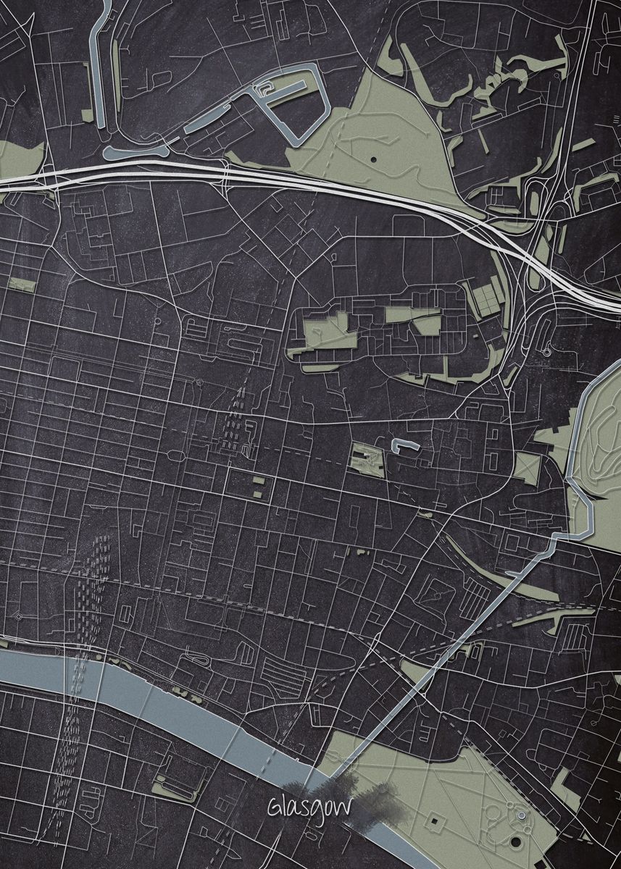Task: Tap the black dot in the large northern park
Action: (x=373, y=158)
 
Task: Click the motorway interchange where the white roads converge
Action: (x=533, y=261)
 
